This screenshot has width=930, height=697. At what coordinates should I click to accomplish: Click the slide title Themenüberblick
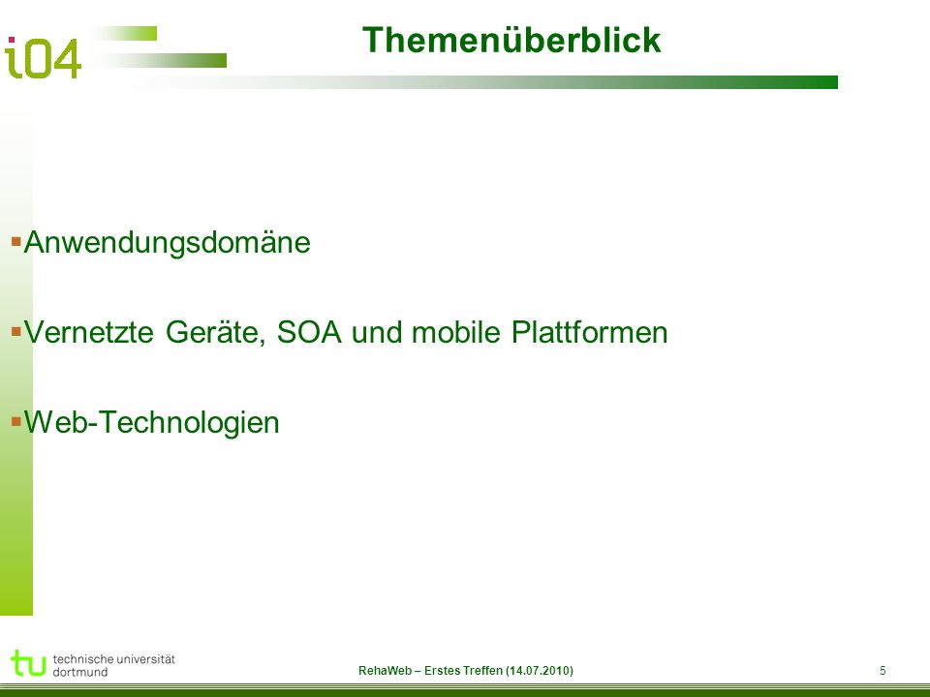[511, 41]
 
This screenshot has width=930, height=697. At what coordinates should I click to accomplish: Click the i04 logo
[43, 57]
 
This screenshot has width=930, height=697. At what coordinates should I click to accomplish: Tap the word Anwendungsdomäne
[167, 243]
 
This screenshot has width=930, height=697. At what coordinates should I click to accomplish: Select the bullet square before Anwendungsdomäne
[16, 241]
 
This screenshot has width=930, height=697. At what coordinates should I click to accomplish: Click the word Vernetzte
[89, 332]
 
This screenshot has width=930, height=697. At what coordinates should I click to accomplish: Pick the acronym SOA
[309, 332]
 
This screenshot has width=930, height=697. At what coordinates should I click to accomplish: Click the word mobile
[456, 332]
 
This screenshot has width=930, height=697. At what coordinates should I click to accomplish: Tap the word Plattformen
[590, 332]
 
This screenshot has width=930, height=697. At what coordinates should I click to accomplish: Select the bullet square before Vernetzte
[16, 331]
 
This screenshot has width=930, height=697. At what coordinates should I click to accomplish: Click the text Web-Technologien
[152, 423]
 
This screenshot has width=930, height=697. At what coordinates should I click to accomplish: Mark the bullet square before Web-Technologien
[16, 421]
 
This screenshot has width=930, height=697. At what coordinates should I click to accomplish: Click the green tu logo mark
[28, 662]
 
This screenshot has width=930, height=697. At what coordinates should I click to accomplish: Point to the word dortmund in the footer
[80, 672]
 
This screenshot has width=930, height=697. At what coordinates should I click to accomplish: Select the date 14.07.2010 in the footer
[540, 670]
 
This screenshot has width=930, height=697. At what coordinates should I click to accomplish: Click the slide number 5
[883, 670]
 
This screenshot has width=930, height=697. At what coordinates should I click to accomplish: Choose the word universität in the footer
[146, 659]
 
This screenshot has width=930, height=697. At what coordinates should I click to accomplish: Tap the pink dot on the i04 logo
[12, 41]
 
